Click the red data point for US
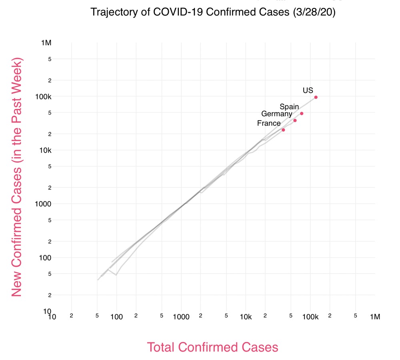click(316, 97)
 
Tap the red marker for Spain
click(302, 114)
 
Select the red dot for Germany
click(295, 121)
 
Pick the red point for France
click(283, 130)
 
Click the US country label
click(308, 91)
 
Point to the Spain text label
click(289, 107)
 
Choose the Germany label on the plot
click(277, 114)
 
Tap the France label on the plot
click(269, 123)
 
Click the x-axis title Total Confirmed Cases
click(212, 347)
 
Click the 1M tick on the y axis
click(46, 43)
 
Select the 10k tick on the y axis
click(45, 150)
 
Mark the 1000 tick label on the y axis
click(44, 204)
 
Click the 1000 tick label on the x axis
click(181, 317)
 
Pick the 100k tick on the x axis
click(310, 317)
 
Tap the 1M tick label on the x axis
click(375, 317)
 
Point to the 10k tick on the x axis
click(246, 317)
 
